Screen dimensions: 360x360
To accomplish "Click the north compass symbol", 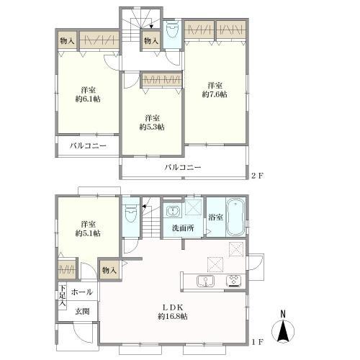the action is (283, 329).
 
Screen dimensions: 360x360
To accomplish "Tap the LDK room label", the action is (173, 307).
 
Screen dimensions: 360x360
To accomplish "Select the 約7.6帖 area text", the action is (215, 94).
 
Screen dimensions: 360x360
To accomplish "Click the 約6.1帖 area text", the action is (88, 99).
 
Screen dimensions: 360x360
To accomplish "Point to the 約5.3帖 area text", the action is (152, 127).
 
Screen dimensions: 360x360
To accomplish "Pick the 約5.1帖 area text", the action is (88, 233).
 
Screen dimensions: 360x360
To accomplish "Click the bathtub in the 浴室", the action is (235, 217).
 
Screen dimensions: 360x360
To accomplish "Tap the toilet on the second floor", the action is (173, 30).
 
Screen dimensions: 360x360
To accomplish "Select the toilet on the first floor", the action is (131, 212).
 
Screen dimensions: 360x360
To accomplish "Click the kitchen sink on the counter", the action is (205, 282).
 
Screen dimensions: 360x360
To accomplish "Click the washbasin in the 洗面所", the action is (172, 211).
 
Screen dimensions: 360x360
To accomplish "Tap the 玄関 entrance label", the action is (82, 311).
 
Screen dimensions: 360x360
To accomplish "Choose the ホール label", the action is (81, 292).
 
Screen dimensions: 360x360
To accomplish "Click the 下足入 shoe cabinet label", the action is (63, 295).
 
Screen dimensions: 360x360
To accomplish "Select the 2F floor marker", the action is (257, 176).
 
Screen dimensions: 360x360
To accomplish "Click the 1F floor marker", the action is (257, 342).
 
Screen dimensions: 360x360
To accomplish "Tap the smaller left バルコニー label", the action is (88, 146).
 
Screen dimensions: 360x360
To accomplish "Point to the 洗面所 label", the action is (183, 228).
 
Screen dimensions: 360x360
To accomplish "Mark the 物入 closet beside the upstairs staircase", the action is (151, 41).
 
